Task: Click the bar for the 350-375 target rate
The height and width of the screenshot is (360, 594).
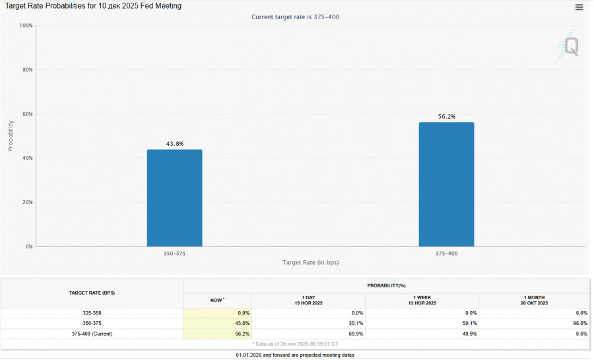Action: (x=174, y=198)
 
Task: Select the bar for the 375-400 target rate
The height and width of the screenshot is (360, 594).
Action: (x=446, y=184)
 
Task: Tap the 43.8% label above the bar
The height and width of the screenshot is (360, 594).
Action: (x=175, y=143)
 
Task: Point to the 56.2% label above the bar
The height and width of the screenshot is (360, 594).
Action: (x=447, y=116)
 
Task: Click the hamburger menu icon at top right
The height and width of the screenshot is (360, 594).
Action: (x=579, y=7)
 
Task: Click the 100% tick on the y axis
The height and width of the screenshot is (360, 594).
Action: (x=26, y=25)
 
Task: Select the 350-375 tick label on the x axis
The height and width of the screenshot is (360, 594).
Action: (x=175, y=254)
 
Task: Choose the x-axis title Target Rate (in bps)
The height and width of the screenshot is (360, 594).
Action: (x=310, y=262)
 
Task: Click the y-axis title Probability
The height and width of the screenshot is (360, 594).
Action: (x=11, y=135)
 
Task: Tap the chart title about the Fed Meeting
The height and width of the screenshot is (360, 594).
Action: (x=94, y=6)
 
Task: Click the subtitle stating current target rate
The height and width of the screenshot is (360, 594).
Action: (x=296, y=17)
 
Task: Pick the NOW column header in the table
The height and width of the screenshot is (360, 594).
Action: (x=216, y=300)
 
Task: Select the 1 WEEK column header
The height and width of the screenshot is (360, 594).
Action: (x=422, y=300)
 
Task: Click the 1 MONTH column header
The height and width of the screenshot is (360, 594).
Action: (x=534, y=300)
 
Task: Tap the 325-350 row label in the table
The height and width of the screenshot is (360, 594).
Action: (x=92, y=312)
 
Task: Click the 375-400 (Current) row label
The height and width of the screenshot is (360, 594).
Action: (x=92, y=334)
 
